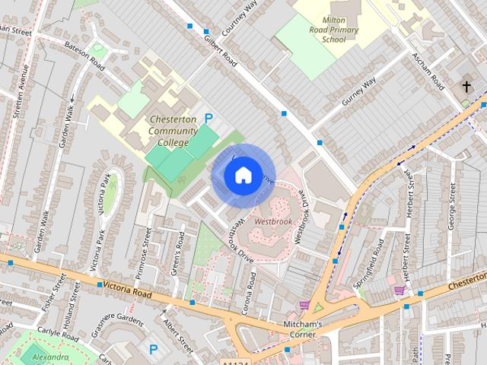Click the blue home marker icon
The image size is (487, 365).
pos(243,176)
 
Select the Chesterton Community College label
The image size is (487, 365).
pos(173,131)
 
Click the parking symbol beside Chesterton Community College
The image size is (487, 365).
pos(208,119)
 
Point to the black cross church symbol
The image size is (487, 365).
pos(466,87)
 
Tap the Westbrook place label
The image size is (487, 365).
pos(273,221)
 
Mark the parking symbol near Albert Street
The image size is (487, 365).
pos(154,349)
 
